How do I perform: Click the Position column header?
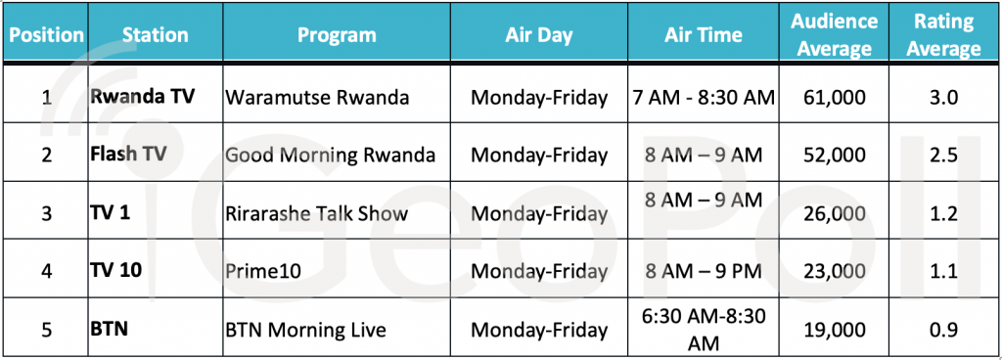pos(47,34)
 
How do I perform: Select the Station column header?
pos(156,34)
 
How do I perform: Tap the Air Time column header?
pos(703,34)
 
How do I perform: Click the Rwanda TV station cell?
pos(142,97)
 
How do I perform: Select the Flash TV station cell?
pos(128,155)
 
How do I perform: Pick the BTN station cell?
pos(109,330)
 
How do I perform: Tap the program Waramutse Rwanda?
pos(317,98)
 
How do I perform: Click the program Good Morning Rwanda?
pos(331,156)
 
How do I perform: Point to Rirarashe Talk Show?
pos(316,212)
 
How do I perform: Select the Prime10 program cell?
pos(263,271)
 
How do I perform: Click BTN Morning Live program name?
pos(305,330)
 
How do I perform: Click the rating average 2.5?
pos(943,156)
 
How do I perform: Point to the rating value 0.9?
pos(943,330)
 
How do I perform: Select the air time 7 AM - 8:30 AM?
pos(703,98)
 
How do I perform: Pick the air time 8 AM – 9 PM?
pos(703,271)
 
